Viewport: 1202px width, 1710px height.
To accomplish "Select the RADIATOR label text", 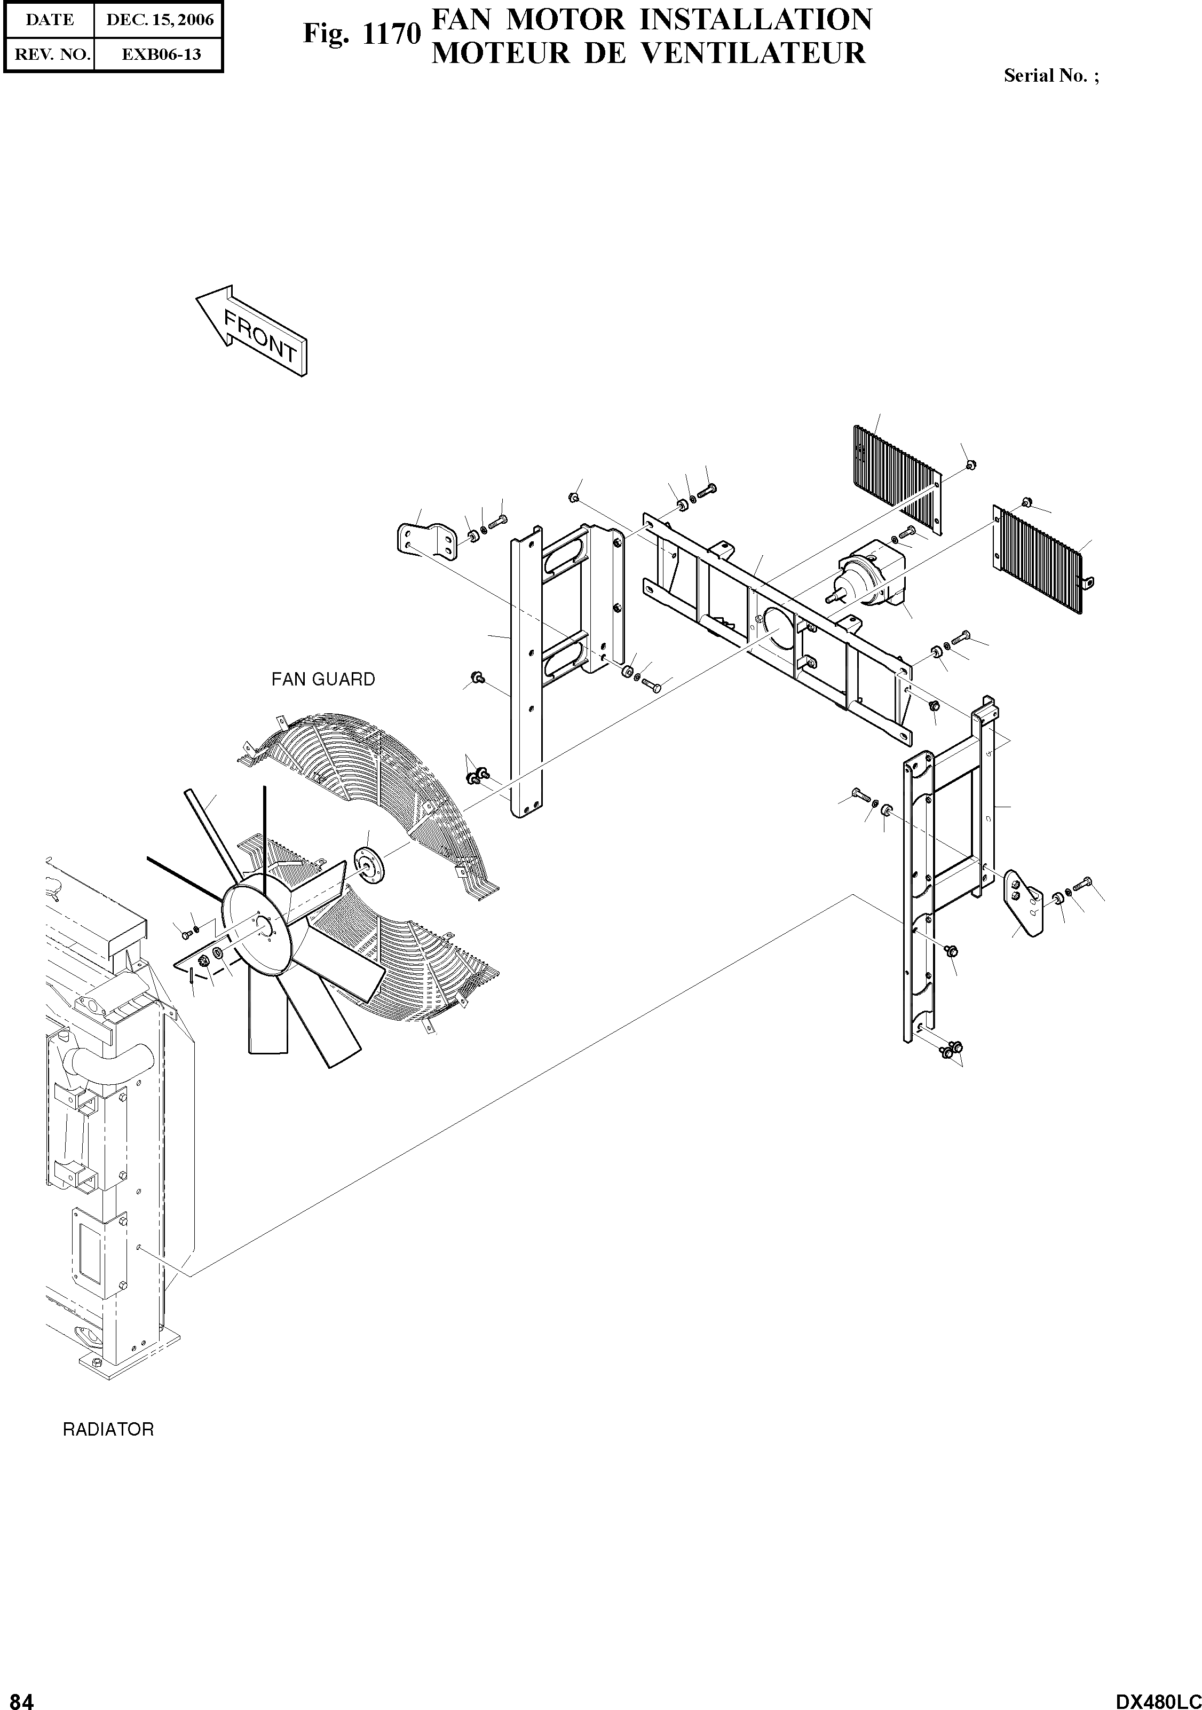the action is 108,1430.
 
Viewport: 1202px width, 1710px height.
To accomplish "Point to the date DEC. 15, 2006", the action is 160,20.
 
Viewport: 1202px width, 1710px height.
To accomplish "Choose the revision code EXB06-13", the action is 160,54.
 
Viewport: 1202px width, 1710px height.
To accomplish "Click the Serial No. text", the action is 1050,75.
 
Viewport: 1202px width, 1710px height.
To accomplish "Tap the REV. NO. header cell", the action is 50,54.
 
